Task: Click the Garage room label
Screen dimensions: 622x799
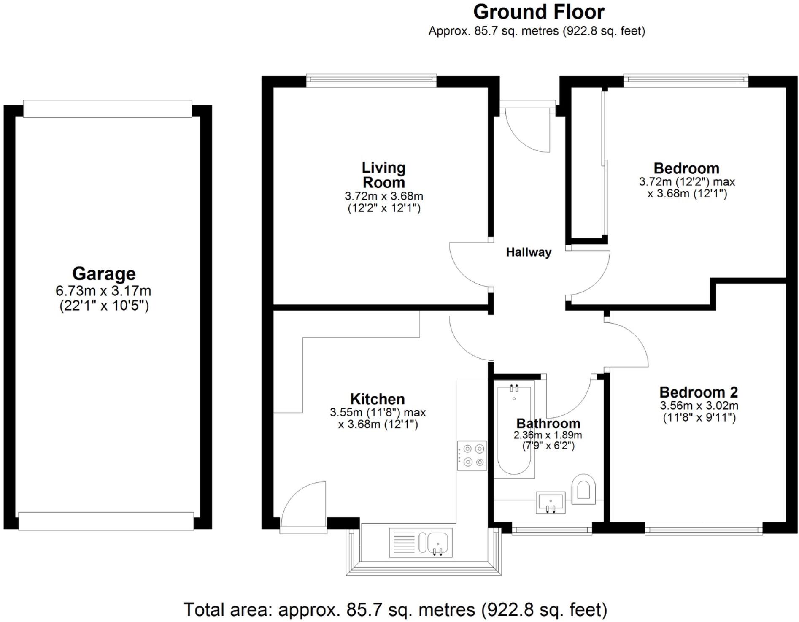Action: pyautogui.click(x=104, y=273)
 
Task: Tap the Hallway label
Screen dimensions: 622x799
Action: pyautogui.click(x=529, y=252)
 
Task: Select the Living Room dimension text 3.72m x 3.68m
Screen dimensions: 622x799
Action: pyautogui.click(x=383, y=196)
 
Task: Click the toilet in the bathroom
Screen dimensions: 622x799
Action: pyautogui.click(x=583, y=489)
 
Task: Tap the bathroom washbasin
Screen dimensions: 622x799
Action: pyautogui.click(x=550, y=502)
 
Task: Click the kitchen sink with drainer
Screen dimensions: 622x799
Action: pyautogui.click(x=421, y=543)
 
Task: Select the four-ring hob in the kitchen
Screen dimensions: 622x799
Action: pyautogui.click(x=472, y=456)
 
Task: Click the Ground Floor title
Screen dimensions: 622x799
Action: pyautogui.click(x=539, y=12)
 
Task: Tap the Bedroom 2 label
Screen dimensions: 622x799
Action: pyautogui.click(x=698, y=392)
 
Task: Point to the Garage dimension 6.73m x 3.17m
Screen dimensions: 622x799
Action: pyautogui.click(x=103, y=291)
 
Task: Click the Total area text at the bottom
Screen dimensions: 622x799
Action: pyautogui.click(x=395, y=610)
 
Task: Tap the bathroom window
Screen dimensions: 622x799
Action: pyautogui.click(x=551, y=528)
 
